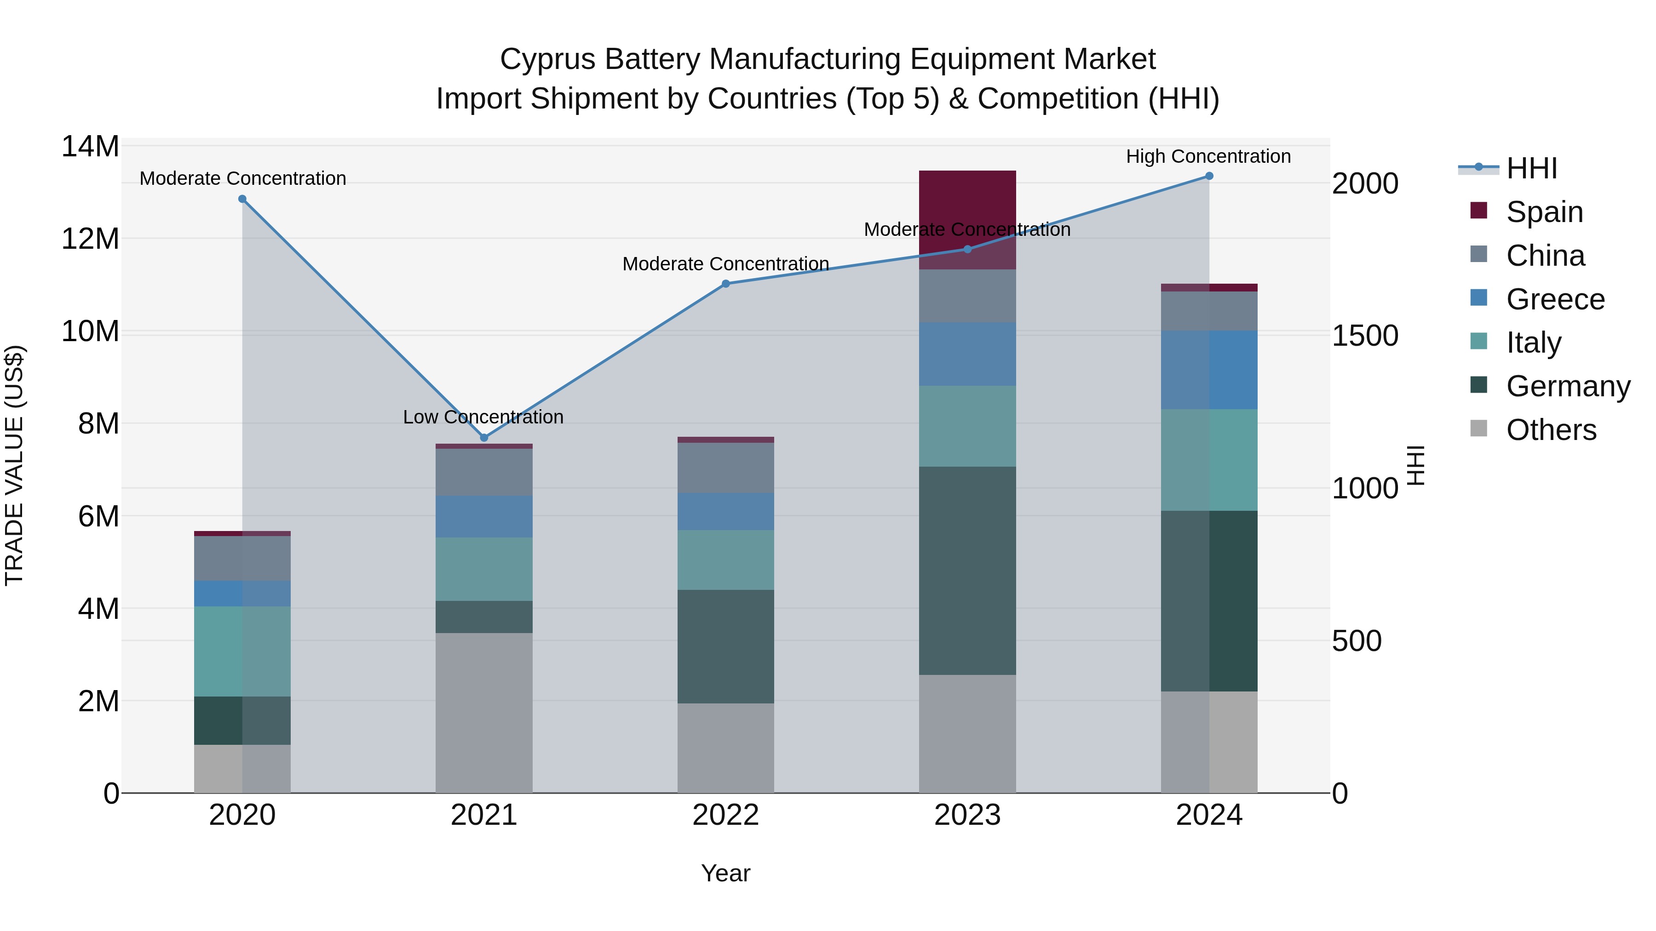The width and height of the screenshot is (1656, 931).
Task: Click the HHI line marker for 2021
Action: (x=484, y=438)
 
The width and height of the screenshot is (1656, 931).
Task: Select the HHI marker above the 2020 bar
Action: (x=242, y=199)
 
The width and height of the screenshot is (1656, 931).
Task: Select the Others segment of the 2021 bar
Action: (x=484, y=713)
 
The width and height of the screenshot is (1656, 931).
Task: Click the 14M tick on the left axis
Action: (x=90, y=147)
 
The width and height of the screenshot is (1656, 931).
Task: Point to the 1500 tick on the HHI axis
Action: (x=1365, y=336)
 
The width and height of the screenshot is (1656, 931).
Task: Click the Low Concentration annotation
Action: (x=483, y=417)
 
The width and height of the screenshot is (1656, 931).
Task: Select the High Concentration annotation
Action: (x=1208, y=156)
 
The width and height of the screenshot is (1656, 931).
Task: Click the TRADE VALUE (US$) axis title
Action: (x=15, y=465)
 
